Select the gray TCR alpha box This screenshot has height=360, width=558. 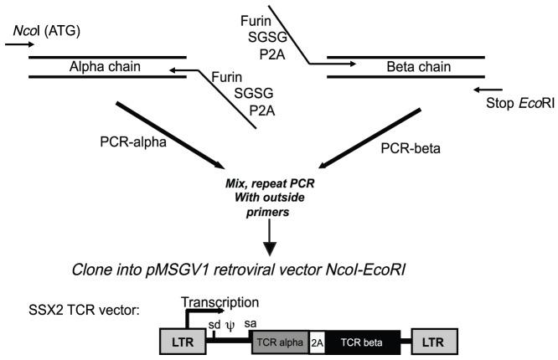280,340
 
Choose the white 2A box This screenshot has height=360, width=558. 317,340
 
